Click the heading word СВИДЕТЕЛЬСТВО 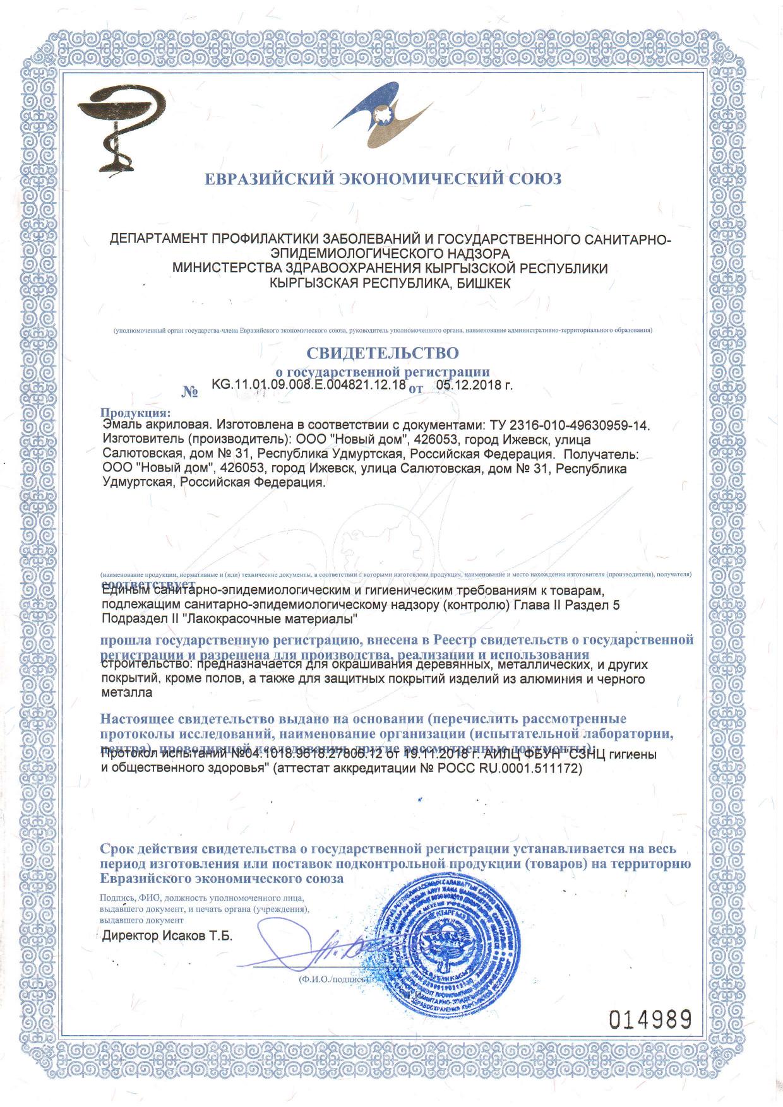[383, 352]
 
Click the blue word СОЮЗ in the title [535, 179]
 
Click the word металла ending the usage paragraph [127, 692]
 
